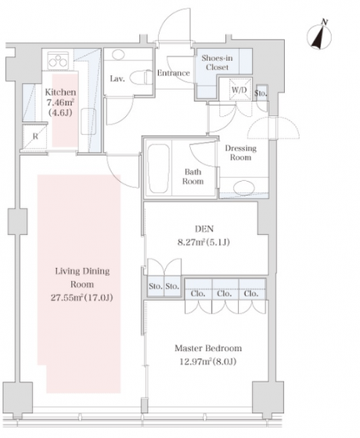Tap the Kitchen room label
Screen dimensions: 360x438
click(x=60, y=92)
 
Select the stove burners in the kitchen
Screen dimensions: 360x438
click(x=58, y=60)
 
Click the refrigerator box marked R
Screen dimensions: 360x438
click(x=35, y=137)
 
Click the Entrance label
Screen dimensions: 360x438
click(x=173, y=73)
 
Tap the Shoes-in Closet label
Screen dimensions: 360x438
click(x=217, y=63)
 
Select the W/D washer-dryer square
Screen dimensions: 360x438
click(x=239, y=89)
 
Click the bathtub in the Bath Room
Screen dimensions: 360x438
click(x=158, y=169)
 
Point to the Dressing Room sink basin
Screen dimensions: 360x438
click(x=243, y=188)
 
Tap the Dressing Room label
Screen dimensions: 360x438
click(x=241, y=153)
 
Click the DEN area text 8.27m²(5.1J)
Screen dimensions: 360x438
click(x=203, y=242)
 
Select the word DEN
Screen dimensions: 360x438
click(x=204, y=229)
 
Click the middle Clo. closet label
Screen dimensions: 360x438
click(x=224, y=294)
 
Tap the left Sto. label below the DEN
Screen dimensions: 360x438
click(x=156, y=286)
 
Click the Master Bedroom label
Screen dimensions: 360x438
click(x=208, y=349)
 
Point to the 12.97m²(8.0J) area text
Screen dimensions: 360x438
click(x=207, y=362)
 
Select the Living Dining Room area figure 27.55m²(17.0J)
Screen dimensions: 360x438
click(x=82, y=298)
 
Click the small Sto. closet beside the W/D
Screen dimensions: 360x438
click(x=262, y=92)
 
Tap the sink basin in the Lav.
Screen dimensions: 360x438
click(x=118, y=54)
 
